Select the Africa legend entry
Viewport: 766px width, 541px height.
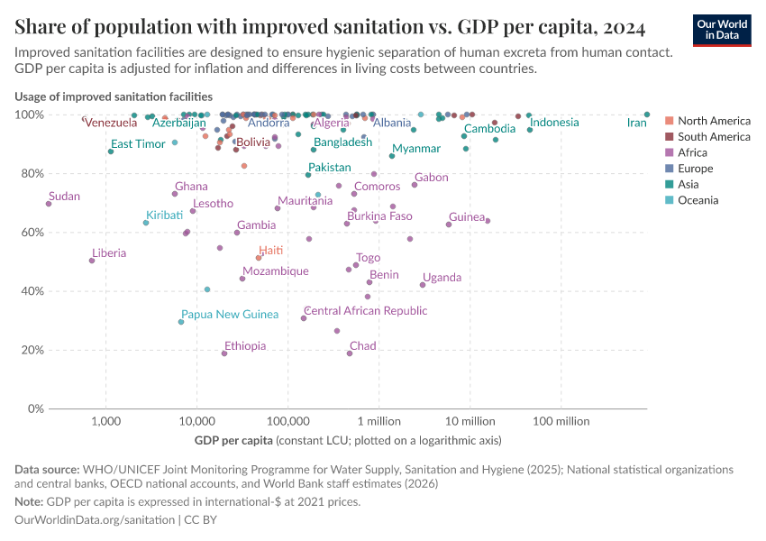693,152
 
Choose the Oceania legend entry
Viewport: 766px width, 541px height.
698,200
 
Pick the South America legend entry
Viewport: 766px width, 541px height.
713,136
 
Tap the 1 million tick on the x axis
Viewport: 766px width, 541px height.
378,421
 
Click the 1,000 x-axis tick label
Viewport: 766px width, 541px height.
106,421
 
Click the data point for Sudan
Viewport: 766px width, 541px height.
49,204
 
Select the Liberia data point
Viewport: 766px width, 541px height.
92,261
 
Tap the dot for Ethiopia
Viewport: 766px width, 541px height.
224,353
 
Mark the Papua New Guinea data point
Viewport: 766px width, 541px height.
181,322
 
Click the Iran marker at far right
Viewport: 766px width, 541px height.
647,115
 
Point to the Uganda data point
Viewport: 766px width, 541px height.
423,285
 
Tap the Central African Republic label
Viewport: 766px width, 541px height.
365,311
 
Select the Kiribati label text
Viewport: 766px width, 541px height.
165,215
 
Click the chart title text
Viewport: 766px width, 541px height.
329,28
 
